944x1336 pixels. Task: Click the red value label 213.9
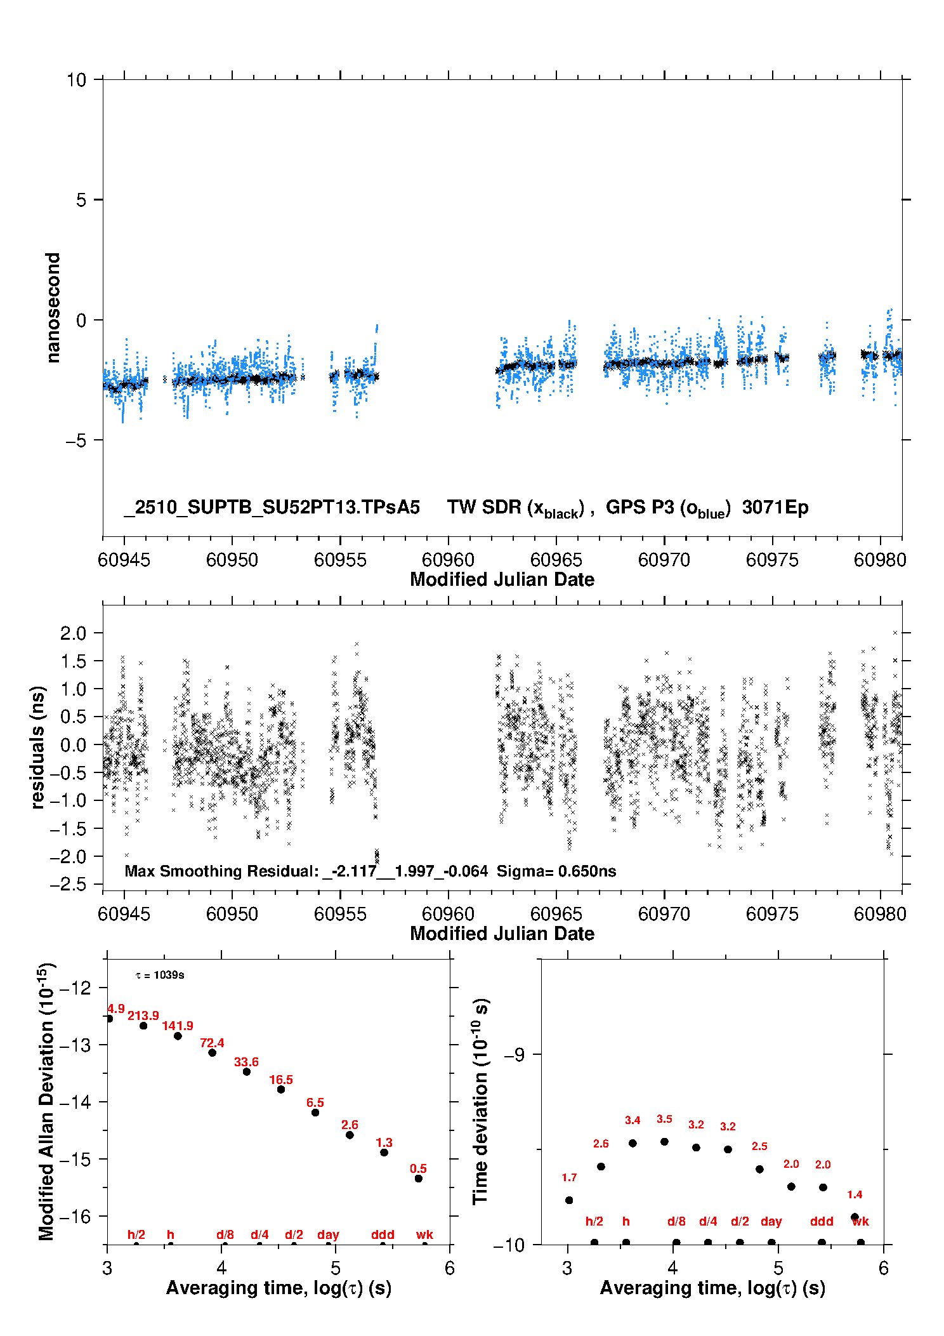click(x=143, y=1015)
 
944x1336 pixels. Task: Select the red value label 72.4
click(x=212, y=1043)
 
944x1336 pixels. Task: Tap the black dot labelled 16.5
click(x=281, y=1089)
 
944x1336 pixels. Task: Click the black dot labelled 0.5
click(x=419, y=1179)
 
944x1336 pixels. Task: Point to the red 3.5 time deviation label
click(x=664, y=1119)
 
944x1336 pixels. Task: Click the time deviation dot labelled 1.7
click(x=569, y=1200)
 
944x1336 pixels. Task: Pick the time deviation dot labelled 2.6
click(x=601, y=1167)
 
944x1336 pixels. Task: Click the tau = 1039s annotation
click(x=160, y=975)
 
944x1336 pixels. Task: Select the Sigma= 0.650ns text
click(x=556, y=871)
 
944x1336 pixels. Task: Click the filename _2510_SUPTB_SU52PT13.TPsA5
click(x=272, y=507)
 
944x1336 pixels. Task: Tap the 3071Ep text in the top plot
click(x=775, y=507)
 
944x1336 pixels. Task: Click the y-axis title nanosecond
click(x=53, y=308)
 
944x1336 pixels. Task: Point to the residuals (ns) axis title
click(x=38, y=747)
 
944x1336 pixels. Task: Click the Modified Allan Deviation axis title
click(x=47, y=1101)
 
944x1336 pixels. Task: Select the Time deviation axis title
click(x=481, y=1101)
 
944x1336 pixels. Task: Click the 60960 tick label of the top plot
click(x=448, y=560)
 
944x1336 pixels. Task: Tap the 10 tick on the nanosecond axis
click(x=76, y=80)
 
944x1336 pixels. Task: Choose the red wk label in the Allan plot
click(x=424, y=1234)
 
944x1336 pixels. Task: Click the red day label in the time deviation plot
click(x=771, y=1221)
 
